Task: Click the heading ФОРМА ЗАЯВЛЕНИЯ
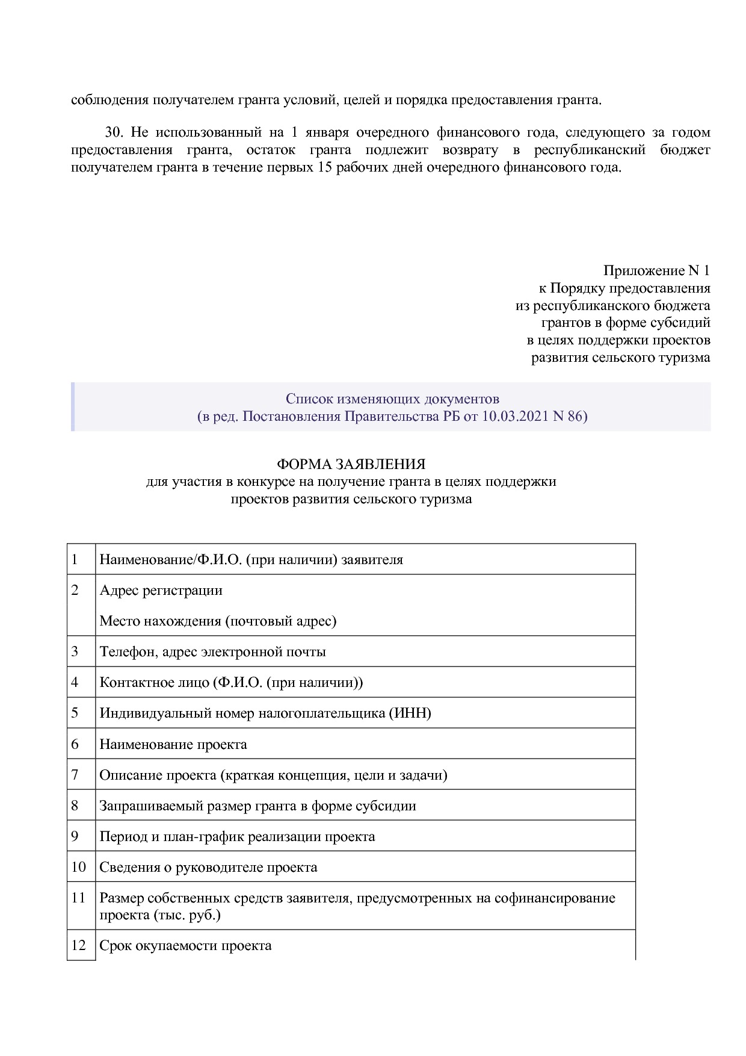coord(351,464)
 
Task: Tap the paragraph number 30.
coord(114,132)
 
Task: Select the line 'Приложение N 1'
coord(656,270)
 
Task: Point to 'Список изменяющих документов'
coord(392,399)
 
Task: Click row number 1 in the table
coord(75,559)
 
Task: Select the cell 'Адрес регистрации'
coord(161,590)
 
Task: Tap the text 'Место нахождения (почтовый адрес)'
coord(218,621)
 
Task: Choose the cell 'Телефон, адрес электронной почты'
coord(212,651)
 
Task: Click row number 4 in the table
coord(75,682)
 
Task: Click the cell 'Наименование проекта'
coord(173,744)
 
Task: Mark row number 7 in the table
coord(75,775)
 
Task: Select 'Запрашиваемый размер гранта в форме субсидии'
coord(257,806)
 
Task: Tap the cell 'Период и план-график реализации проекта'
coord(237,836)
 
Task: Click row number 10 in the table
coord(79,867)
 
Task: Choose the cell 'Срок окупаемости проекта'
coord(185,945)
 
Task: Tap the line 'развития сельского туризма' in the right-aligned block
coord(620,358)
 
